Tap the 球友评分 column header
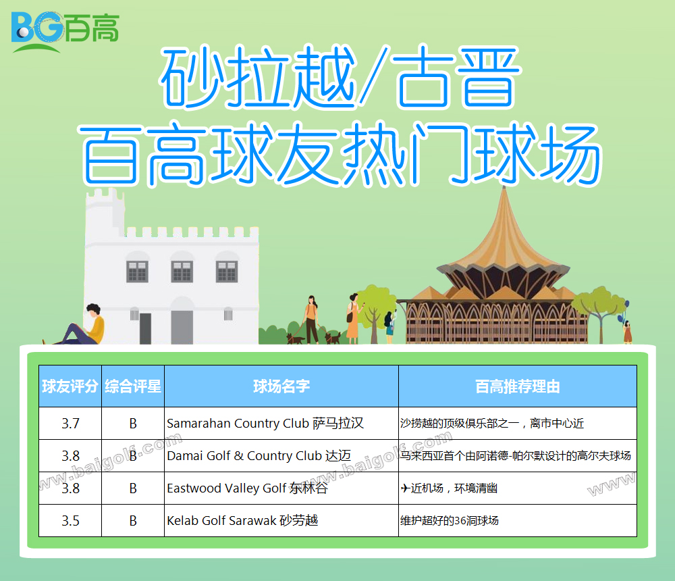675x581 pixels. click(x=70, y=386)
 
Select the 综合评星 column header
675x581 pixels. click(x=133, y=386)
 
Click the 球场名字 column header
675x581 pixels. click(x=281, y=386)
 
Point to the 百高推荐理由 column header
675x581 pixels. click(x=518, y=386)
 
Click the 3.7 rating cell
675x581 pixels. click(x=70, y=423)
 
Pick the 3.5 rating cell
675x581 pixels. click(x=70, y=521)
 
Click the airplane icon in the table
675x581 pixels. click(x=405, y=488)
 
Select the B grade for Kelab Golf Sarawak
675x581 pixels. click(x=133, y=521)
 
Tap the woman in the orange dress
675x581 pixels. click(x=354, y=318)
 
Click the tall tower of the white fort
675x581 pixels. click(x=105, y=216)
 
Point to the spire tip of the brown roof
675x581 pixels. click(x=504, y=187)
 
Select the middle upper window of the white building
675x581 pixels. click(x=182, y=271)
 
